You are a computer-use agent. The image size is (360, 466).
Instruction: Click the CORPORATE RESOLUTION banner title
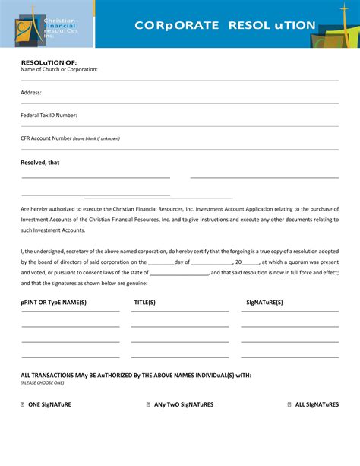click(225, 25)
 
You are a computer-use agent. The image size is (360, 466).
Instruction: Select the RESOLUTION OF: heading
click(49, 62)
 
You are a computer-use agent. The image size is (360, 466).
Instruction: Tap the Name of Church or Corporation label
click(59, 69)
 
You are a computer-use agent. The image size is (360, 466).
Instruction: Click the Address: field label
click(31, 92)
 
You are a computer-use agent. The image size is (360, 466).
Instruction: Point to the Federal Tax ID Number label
click(49, 115)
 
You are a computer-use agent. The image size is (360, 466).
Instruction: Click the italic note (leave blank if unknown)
click(96, 138)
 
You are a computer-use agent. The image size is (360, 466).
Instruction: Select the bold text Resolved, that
click(39, 162)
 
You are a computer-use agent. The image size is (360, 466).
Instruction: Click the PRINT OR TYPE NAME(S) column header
click(54, 302)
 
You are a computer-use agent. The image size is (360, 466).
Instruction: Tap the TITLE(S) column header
click(145, 302)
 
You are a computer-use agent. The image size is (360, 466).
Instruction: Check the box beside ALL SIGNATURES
click(289, 404)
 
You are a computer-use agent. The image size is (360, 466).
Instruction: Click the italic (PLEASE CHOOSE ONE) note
click(43, 383)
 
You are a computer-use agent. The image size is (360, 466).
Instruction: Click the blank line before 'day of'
click(161, 263)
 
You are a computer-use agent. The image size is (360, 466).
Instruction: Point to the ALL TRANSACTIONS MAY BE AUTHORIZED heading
click(136, 376)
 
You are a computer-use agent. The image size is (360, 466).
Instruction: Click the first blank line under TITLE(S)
click(179, 325)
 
